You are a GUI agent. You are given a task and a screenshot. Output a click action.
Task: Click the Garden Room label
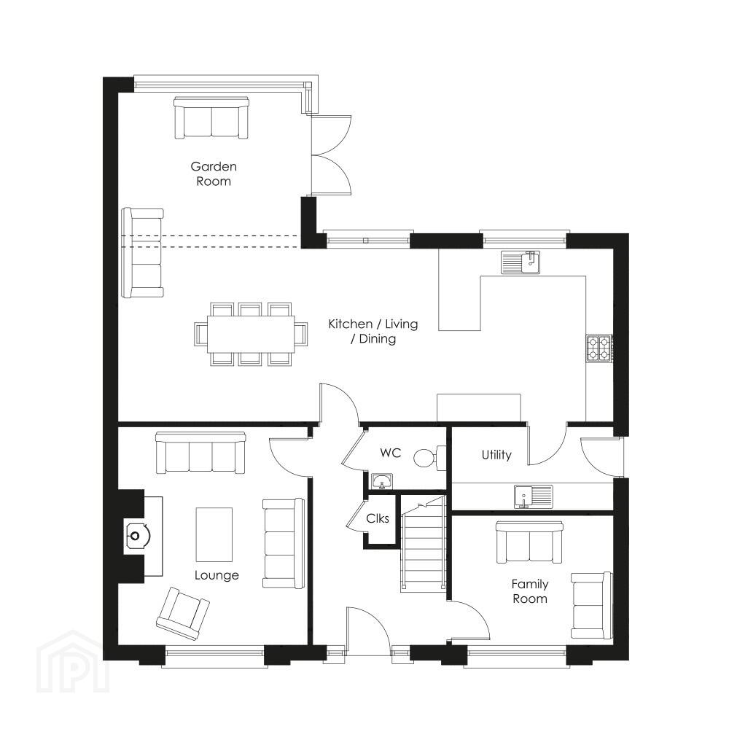(x=214, y=174)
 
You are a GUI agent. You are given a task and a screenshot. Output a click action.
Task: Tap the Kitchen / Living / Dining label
(x=373, y=331)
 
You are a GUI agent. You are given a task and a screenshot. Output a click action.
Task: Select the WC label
(x=391, y=453)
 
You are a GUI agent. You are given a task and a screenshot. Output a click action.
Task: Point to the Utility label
(x=496, y=455)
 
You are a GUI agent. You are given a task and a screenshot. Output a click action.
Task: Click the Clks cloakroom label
(x=378, y=518)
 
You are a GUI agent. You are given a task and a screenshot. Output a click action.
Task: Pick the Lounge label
(x=217, y=575)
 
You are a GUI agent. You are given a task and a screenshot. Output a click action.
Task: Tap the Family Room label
(x=530, y=591)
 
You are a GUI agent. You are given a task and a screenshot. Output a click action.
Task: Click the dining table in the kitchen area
(x=251, y=334)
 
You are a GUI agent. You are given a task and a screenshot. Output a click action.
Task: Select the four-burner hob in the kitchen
(x=599, y=348)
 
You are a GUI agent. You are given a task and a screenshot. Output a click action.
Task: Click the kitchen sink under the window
(x=521, y=262)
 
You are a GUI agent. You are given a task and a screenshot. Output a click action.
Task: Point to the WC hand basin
(x=382, y=481)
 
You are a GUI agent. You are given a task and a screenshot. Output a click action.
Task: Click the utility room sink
(x=534, y=496)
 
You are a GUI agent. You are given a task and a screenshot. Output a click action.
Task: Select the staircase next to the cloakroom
(x=423, y=544)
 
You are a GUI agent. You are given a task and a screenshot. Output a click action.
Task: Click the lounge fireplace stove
(x=136, y=536)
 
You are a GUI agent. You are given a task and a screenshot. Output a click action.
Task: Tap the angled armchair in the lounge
(x=183, y=613)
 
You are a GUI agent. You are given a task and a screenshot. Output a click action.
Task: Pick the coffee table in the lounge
(x=214, y=534)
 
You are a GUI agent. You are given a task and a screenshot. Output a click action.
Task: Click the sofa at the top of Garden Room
(x=211, y=117)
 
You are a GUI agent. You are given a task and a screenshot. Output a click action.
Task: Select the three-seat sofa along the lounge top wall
(x=200, y=453)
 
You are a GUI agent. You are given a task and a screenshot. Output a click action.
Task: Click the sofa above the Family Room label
(x=529, y=542)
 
